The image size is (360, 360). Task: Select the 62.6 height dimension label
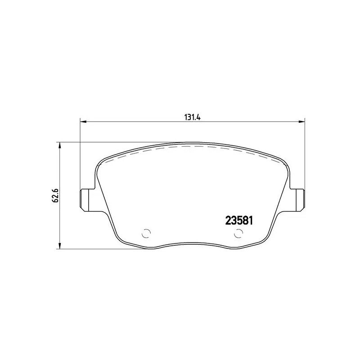point(56,195)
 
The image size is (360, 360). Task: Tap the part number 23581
point(240,221)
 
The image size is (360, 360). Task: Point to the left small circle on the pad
point(145,234)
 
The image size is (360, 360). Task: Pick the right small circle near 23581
point(239,234)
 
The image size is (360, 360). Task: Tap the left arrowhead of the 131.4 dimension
point(82,121)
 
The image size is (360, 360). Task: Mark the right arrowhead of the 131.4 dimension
point(302,121)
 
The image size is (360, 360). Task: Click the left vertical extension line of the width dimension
point(80,153)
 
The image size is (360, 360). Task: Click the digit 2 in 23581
point(228,221)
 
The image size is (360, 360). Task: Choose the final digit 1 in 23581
point(253,221)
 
